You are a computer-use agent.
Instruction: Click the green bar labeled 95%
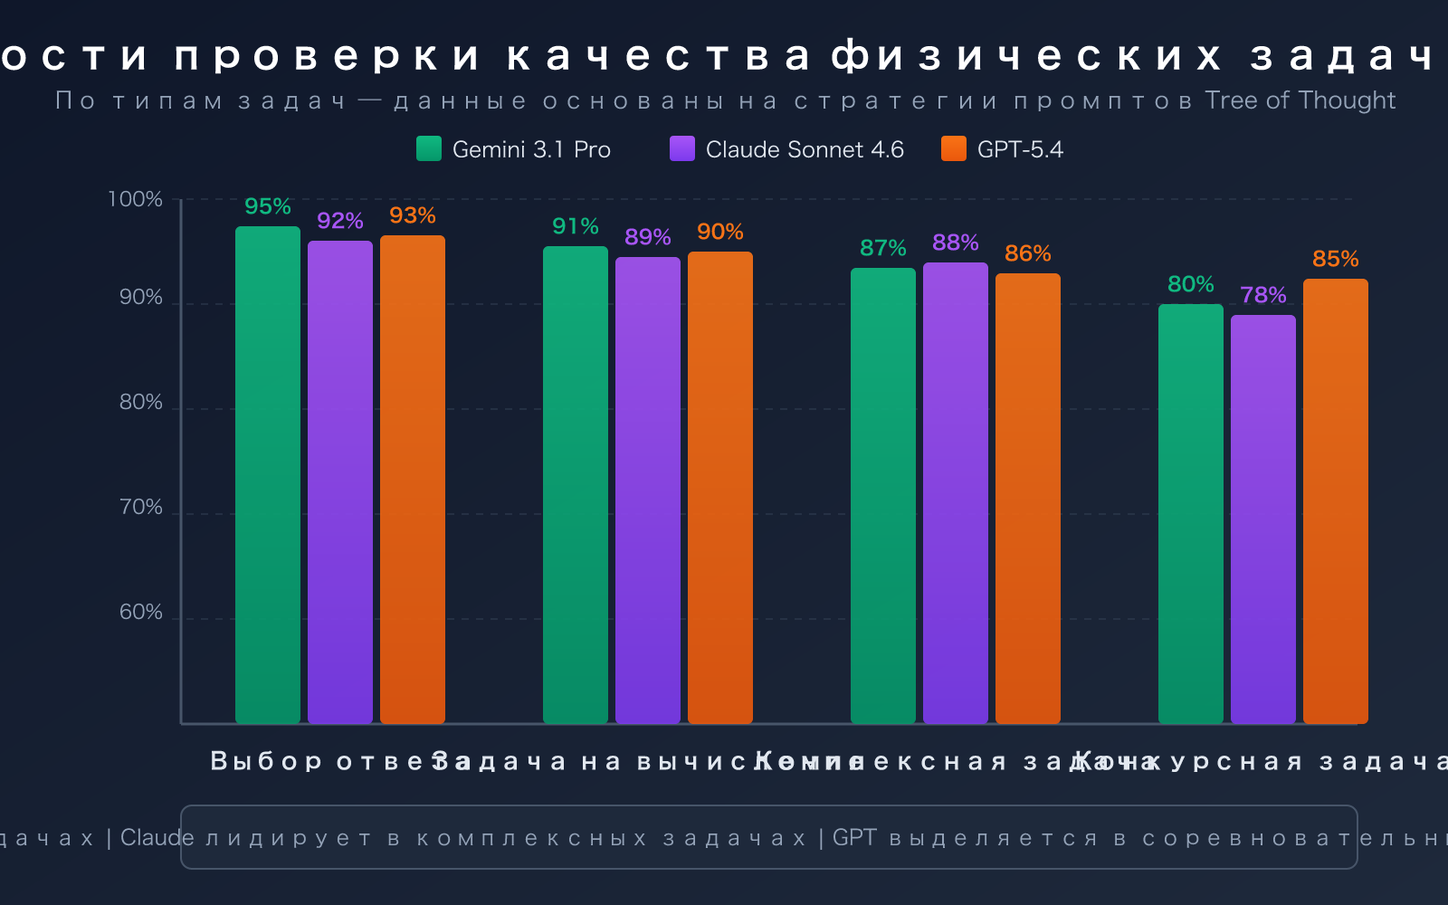pos(268,475)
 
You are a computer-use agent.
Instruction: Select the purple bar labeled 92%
pos(340,482)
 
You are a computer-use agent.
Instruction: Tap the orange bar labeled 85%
pos(1336,501)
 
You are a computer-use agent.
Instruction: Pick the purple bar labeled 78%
pos(1263,519)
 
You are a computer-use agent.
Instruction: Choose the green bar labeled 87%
pos(883,496)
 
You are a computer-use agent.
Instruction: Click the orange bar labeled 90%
pos(720,488)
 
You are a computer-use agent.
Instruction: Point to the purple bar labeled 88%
pos(956,493)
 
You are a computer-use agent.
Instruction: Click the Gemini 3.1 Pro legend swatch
pos(429,149)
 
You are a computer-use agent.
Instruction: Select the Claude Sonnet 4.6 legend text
pos(805,149)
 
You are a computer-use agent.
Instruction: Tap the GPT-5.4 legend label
pos(1020,149)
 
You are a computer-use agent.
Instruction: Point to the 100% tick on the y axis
pos(136,199)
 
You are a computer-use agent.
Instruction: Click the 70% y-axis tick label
pos(141,508)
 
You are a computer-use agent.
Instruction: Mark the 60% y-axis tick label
pos(141,613)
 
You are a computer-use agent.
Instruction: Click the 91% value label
pos(576,226)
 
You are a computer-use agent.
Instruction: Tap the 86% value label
pos(1028,253)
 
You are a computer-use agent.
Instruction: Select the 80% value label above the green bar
pos(1191,284)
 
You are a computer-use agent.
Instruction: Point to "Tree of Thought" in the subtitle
pos(1300,100)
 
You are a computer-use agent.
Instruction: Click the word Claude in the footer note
pos(157,838)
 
